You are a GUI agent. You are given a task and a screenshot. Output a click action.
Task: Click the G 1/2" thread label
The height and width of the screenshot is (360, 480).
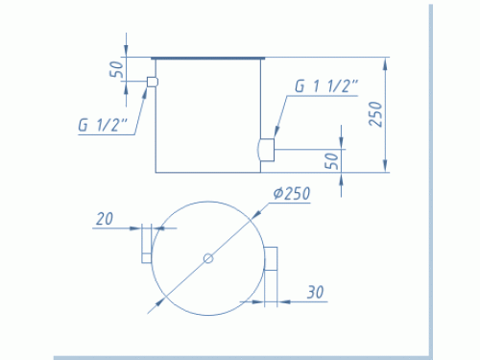(x=103, y=125)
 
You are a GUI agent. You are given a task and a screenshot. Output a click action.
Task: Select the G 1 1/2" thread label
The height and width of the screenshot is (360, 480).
(x=326, y=85)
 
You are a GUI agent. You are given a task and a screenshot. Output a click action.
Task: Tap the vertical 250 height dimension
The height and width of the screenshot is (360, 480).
(x=375, y=114)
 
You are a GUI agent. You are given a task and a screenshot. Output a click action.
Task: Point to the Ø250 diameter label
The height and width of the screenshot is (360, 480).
(x=292, y=194)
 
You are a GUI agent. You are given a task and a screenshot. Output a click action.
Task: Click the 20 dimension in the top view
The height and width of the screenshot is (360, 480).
(x=105, y=219)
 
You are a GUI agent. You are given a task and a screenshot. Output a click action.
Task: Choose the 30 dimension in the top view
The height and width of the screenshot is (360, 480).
(x=316, y=292)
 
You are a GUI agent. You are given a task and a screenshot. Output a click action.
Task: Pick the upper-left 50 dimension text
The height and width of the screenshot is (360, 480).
(x=116, y=69)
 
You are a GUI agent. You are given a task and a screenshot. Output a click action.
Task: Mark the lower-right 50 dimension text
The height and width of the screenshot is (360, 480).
(x=332, y=161)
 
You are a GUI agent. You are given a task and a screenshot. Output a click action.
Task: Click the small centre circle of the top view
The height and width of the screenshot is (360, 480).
(x=208, y=258)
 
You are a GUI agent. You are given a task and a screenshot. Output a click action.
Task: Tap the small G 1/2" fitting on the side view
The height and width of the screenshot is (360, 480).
(x=153, y=82)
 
